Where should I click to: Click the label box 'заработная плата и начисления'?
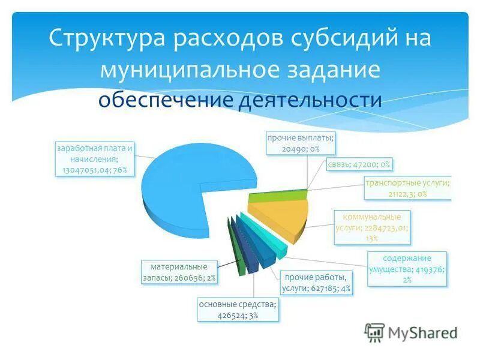[x=94, y=158]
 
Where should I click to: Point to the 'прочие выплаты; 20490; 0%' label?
[x=301, y=143]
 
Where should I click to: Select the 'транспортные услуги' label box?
[x=408, y=187]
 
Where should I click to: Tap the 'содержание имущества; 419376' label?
[x=407, y=268]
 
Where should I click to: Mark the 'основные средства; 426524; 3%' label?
[x=237, y=310]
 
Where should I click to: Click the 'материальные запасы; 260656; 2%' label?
[x=178, y=272]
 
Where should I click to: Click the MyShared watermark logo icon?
[x=374, y=331]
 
